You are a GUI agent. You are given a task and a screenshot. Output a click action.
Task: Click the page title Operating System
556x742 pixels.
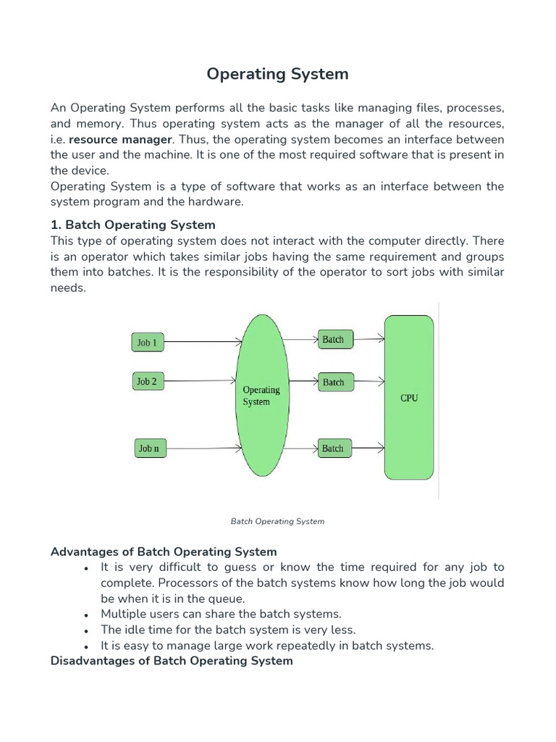[x=277, y=74]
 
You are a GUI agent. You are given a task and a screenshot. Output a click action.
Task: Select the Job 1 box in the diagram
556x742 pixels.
[x=148, y=342]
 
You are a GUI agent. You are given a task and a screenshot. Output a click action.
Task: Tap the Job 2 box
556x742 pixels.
[x=148, y=381]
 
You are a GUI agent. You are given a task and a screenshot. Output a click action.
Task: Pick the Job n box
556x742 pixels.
[x=149, y=449]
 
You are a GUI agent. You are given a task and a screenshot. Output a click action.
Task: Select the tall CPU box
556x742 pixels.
[x=409, y=397]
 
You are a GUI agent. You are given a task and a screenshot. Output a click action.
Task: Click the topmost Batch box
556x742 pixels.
[x=333, y=339]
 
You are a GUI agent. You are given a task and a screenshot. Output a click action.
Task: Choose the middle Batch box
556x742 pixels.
[x=333, y=382]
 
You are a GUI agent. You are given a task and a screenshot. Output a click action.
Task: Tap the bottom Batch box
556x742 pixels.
[x=333, y=449]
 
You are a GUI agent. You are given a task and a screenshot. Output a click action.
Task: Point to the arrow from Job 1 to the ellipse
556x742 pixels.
[x=203, y=341]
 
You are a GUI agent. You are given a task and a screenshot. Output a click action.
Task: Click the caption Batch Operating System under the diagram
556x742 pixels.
[x=277, y=521]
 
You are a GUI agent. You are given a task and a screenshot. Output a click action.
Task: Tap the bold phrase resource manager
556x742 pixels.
[x=120, y=139]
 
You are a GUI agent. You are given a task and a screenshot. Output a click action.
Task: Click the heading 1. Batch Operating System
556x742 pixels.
[x=133, y=225]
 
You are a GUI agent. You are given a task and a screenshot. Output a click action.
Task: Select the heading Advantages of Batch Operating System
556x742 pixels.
[x=164, y=551]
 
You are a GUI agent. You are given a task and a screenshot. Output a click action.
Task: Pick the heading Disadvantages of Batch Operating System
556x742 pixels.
[x=172, y=661]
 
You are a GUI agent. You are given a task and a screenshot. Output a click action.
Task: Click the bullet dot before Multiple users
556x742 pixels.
[x=86, y=615]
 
